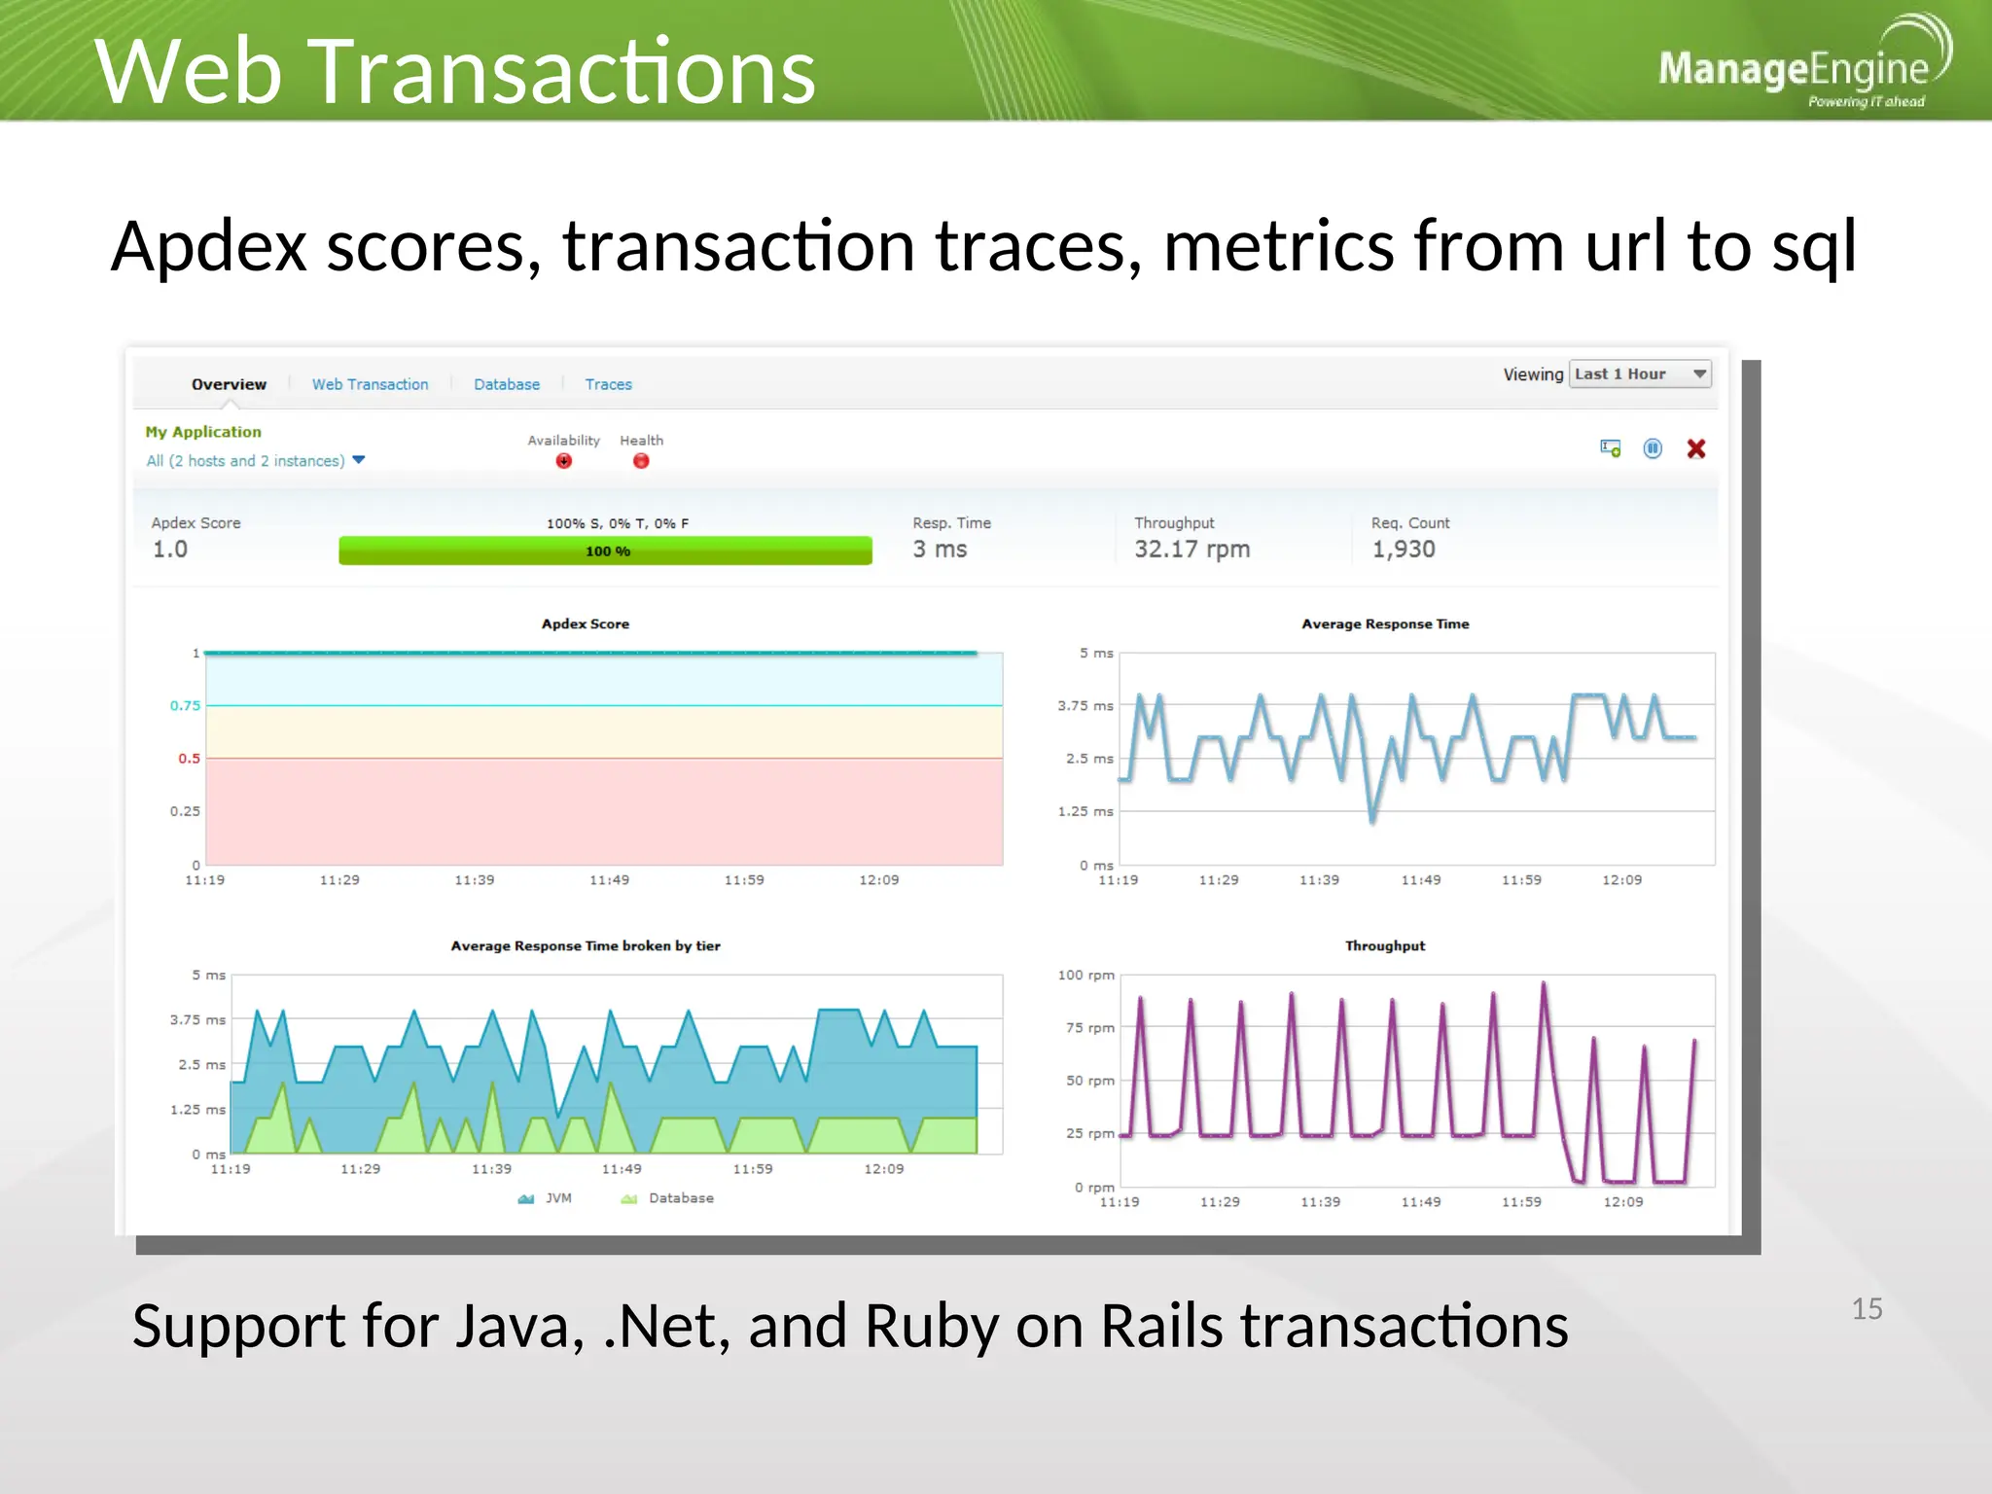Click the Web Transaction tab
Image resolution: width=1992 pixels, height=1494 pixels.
[370, 384]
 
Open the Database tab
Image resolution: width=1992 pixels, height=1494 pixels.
[507, 384]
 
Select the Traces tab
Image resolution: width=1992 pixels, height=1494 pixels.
[608, 384]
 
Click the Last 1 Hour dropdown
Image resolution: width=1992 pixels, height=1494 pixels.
[1640, 374]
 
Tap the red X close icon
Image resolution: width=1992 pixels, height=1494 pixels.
[1696, 448]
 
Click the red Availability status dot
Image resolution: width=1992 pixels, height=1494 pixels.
[564, 461]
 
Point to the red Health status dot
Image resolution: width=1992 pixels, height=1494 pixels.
[641, 461]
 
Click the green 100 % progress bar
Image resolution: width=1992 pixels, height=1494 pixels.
[605, 551]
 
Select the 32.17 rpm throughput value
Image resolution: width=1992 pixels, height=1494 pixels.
[1192, 550]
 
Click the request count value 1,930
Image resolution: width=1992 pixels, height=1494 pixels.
[1404, 550]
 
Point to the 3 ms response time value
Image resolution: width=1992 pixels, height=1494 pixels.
[940, 550]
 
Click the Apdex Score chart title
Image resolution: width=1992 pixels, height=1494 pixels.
[586, 624]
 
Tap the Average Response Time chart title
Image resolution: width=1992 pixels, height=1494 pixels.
[1385, 624]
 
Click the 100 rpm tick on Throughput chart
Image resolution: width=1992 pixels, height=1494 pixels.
[1085, 975]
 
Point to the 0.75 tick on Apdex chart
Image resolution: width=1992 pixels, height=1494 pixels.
[185, 705]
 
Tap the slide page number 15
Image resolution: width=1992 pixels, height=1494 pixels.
[1867, 1309]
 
